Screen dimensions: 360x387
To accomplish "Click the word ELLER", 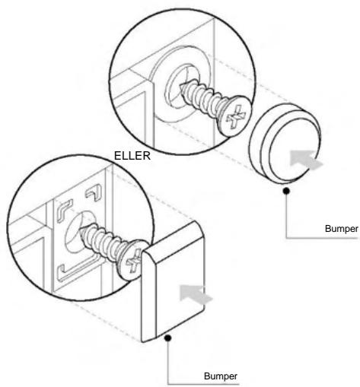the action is point(132,156).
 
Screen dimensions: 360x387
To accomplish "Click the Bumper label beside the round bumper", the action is point(342,229).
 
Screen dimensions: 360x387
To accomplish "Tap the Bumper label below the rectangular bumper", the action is point(221,376).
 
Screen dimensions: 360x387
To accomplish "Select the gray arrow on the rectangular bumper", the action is point(196,294).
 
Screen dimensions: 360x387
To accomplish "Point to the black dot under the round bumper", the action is point(286,191).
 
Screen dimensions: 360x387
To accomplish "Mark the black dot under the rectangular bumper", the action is point(167,338).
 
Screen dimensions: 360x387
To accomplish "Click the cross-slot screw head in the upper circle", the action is point(235,116).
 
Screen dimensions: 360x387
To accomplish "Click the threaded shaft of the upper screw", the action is point(203,98).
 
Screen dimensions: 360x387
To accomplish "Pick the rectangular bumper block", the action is point(173,281).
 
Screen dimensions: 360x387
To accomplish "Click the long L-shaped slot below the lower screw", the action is point(76,269).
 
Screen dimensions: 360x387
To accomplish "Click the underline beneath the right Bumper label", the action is point(323,238).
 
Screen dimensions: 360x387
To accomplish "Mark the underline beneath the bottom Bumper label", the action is point(203,385).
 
